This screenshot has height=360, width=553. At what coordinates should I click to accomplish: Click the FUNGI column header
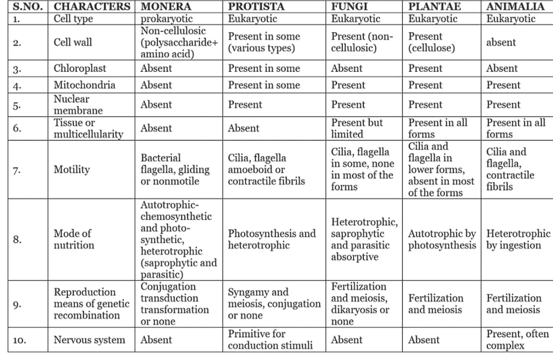point(349,6)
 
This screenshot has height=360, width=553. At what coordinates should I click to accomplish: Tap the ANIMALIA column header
point(515,6)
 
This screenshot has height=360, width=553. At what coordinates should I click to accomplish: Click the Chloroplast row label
point(79,69)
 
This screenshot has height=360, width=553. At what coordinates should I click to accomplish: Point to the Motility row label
point(71,169)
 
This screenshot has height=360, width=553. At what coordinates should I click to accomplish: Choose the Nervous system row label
point(89,340)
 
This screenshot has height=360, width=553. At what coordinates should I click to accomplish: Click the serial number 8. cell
point(17,240)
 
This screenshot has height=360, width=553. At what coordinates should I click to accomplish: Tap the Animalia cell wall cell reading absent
point(501,42)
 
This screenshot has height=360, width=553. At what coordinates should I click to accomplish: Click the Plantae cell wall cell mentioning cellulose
point(431,42)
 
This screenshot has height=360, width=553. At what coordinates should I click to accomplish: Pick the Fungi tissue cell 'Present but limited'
point(357,128)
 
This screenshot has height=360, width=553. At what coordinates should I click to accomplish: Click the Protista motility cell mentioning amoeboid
point(266,169)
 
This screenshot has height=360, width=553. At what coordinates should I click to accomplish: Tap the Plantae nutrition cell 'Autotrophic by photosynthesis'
point(442,240)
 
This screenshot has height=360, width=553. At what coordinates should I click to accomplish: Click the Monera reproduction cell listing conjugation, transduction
point(174,304)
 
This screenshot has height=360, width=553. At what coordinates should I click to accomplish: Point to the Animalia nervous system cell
point(517,339)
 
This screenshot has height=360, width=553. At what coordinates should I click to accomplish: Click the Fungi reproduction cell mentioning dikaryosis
point(360,304)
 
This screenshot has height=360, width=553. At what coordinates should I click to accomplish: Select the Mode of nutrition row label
point(73,240)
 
